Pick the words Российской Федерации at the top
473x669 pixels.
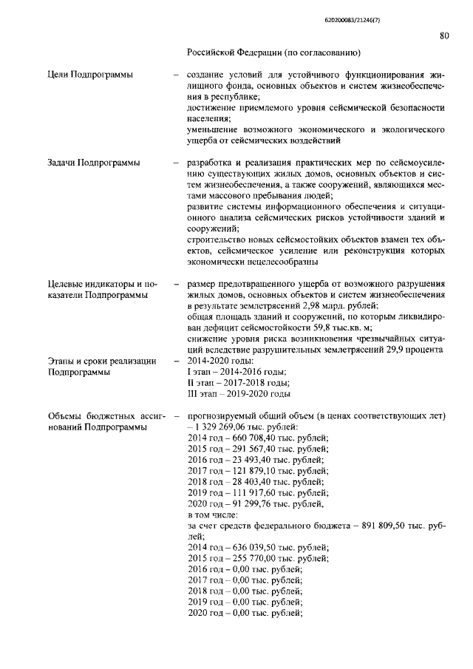click(236, 54)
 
